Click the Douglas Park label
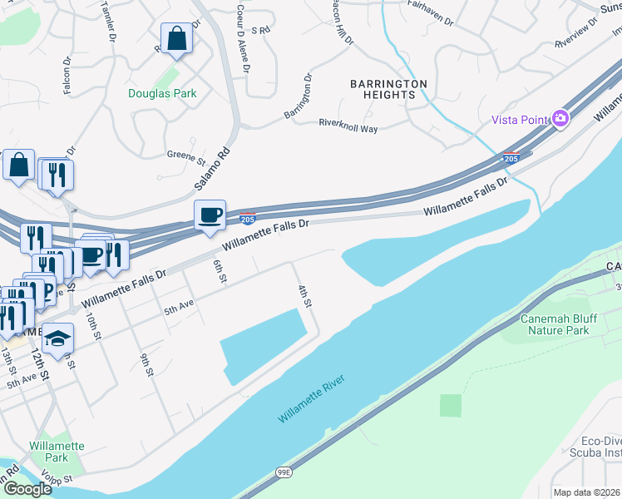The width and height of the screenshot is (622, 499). tap(162, 93)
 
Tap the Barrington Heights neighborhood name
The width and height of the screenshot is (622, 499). tap(388, 89)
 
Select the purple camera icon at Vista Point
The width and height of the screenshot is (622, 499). tap(560, 119)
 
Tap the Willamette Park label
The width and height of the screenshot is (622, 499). tap(57, 452)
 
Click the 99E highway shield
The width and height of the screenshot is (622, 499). tap(284, 472)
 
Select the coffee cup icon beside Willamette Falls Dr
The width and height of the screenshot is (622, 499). tap(210, 215)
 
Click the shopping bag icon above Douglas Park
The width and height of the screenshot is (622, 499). tap(176, 38)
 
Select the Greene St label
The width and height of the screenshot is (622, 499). tap(186, 156)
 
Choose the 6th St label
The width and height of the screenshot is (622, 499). tap(220, 271)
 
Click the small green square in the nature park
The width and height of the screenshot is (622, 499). tap(450, 405)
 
